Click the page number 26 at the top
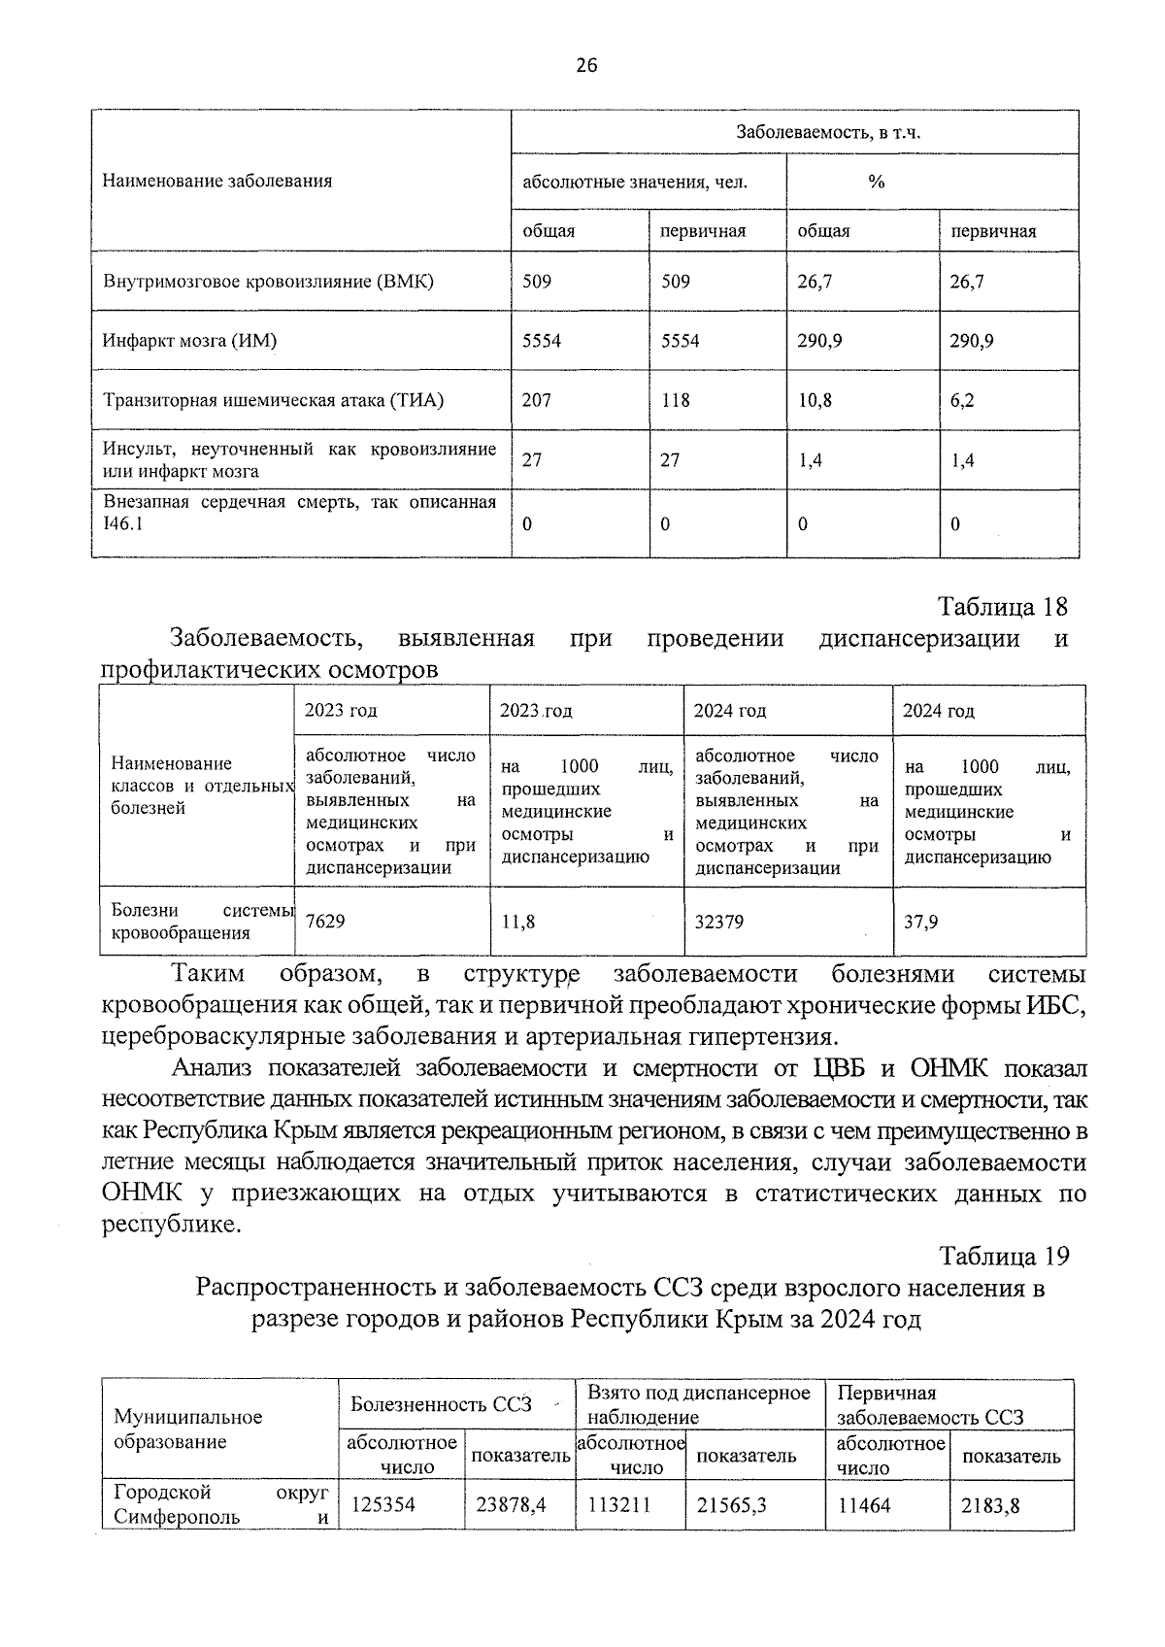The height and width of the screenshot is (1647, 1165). [586, 65]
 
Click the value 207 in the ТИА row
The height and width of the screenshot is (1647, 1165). [536, 400]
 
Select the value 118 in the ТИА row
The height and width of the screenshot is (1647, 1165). [675, 400]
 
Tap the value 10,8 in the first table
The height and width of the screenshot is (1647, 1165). [815, 400]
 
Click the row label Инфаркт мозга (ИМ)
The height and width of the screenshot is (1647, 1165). [189, 341]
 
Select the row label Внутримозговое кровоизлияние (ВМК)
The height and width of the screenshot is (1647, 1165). [268, 282]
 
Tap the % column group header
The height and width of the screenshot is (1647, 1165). [876, 182]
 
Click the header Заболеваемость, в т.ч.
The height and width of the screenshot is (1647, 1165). [827, 132]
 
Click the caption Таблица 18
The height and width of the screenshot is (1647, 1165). [1002, 607]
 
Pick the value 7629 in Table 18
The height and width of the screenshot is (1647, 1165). [325, 921]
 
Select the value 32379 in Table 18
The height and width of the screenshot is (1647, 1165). [719, 921]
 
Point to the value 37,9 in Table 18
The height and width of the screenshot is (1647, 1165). [920, 921]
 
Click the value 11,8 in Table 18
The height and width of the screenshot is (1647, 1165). [518, 922]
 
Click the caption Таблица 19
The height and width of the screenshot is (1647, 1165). [1003, 1256]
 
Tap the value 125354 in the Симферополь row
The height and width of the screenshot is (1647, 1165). [383, 1505]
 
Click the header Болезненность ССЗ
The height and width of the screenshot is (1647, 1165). [442, 1404]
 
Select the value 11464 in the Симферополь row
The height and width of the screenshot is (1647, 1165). [864, 1505]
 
